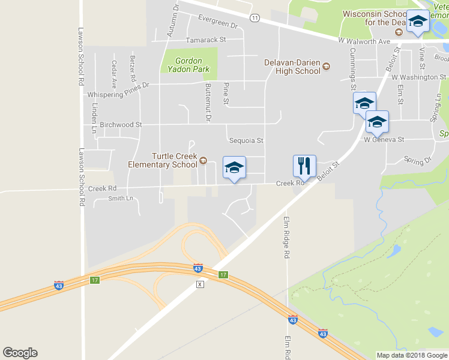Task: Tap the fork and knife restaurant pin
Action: click(304, 166)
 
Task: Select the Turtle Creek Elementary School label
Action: click(162, 160)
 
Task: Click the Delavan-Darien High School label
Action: click(292, 66)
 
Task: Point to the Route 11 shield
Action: click(255, 18)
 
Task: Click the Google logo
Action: click(20, 353)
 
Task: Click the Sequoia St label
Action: click(246, 140)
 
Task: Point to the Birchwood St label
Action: click(121, 125)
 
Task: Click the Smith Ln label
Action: click(120, 199)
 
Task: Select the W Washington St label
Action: click(418, 77)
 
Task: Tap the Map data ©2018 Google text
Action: click(411, 355)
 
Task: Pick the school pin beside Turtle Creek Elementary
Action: click(234, 167)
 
